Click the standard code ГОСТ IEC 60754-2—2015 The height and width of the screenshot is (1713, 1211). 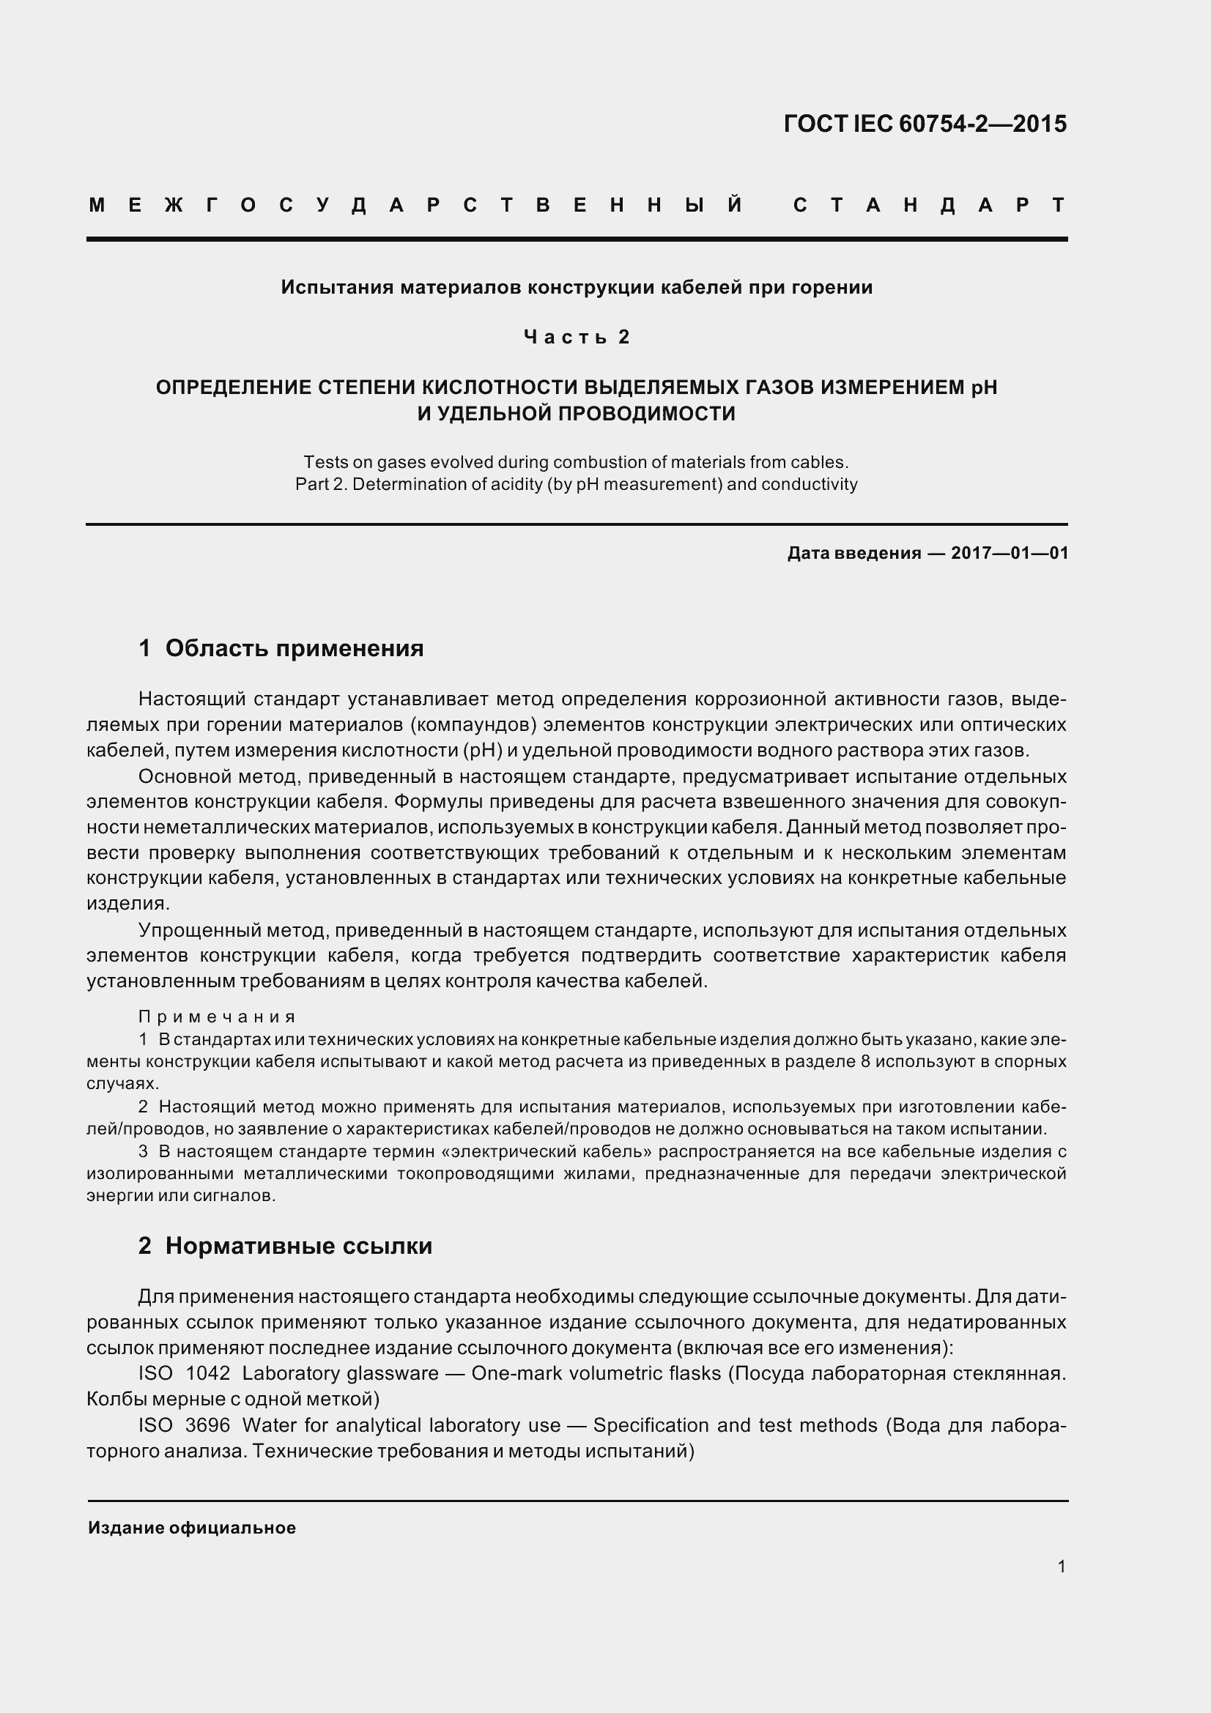point(925,124)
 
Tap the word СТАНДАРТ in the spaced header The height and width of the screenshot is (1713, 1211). point(929,205)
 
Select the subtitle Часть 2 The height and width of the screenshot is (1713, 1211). point(577,337)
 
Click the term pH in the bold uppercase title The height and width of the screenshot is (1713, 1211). point(983,387)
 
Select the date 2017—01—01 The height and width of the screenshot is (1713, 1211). point(1010,553)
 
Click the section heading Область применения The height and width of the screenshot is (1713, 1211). point(294,647)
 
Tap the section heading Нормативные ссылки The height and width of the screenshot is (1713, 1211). point(298,1245)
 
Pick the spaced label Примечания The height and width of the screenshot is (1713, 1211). point(217,1017)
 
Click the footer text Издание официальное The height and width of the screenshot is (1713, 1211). point(192,1527)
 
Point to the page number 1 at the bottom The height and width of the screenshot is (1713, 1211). point(1062,1566)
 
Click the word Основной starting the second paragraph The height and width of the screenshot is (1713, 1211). point(185,776)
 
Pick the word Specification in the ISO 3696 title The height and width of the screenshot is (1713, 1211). point(648,1425)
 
